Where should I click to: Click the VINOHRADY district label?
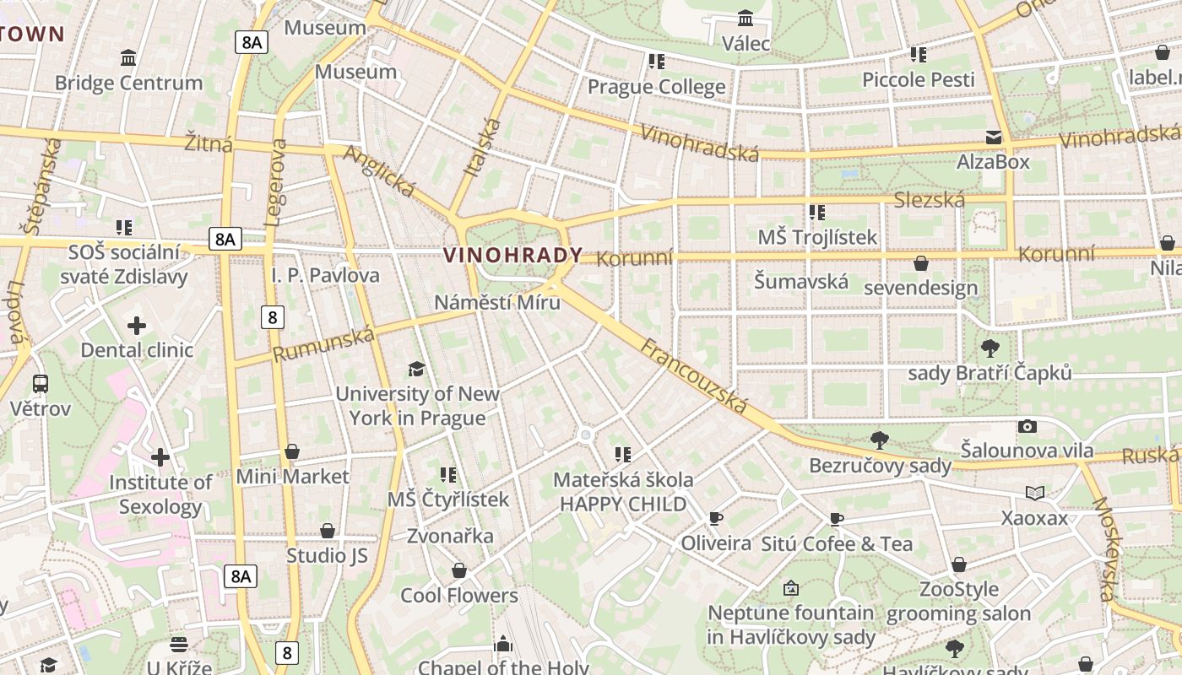click(x=512, y=255)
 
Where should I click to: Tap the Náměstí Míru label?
click(x=497, y=302)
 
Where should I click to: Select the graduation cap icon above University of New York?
click(x=416, y=369)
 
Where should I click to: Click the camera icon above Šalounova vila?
click(x=1027, y=426)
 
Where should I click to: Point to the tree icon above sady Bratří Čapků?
click(x=990, y=348)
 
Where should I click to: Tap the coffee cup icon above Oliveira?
click(x=716, y=518)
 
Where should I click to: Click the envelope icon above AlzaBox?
click(x=994, y=137)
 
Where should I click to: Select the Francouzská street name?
click(x=694, y=376)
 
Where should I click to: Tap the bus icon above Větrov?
click(x=40, y=384)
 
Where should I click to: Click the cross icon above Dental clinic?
click(x=137, y=325)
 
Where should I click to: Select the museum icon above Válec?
click(x=746, y=18)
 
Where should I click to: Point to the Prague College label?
click(x=656, y=87)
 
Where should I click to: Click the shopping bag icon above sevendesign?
click(x=921, y=263)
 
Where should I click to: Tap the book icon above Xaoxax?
click(x=1034, y=493)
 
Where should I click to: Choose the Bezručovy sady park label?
click(x=880, y=466)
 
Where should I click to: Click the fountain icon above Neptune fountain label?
click(x=791, y=588)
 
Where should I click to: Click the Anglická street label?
click(x=379, y=173)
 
